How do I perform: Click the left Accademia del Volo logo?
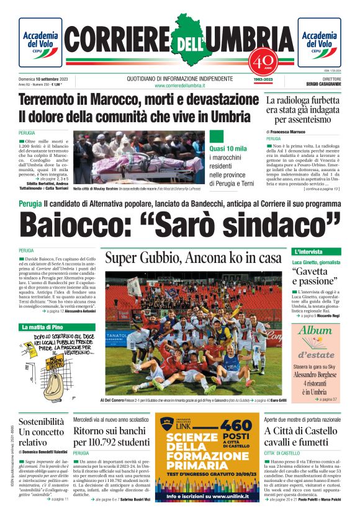40,43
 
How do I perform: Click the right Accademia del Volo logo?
319,43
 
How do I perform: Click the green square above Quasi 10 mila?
216,136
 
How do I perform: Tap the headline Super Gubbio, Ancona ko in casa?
193,258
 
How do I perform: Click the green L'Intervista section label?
308,252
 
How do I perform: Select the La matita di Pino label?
42,327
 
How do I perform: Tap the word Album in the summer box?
316,331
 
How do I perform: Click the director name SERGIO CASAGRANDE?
323,84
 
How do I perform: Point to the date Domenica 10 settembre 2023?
47,79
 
